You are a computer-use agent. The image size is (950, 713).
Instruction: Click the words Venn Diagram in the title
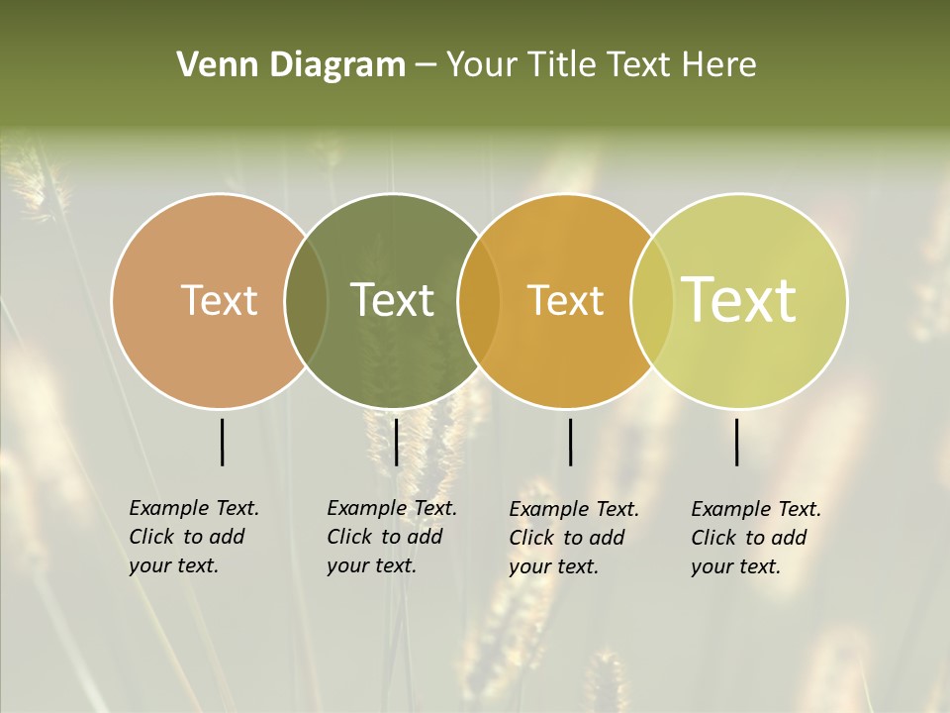(x=291, y=65)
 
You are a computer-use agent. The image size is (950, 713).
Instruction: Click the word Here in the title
(x=719, y=65)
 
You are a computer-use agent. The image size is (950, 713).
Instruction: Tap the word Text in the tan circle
(x=219, y=300)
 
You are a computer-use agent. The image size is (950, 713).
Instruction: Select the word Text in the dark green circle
(x=393, y=300)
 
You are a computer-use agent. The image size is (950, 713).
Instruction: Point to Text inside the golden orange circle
(x=565, y=300)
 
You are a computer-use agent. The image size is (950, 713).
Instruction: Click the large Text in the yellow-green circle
(x=739, y=300)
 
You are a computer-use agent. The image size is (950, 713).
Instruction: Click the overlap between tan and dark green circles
(x=306, y=301)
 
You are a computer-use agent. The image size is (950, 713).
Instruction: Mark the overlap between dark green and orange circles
(x=478, y=301)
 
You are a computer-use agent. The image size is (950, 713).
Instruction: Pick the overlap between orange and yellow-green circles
(x=651, y=301)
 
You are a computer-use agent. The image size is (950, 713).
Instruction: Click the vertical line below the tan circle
(x=222, y=442)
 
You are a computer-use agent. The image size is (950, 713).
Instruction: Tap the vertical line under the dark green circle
(x=396, y=442)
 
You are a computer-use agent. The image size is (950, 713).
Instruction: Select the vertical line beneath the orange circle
(x=570, y=442)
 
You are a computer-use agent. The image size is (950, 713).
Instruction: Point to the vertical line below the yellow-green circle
(x=736, y=442)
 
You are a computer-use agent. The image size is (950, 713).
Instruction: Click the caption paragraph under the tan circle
(x=194, y=537)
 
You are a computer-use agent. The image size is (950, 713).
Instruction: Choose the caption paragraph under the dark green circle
(x=392, y=537)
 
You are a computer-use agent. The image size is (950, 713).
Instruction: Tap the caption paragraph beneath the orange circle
(x=574, y=538)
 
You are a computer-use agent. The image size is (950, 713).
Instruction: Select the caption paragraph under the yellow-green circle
(x=756, y=538)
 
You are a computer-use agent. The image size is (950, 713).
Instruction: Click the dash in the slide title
(x=426, y=66)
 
